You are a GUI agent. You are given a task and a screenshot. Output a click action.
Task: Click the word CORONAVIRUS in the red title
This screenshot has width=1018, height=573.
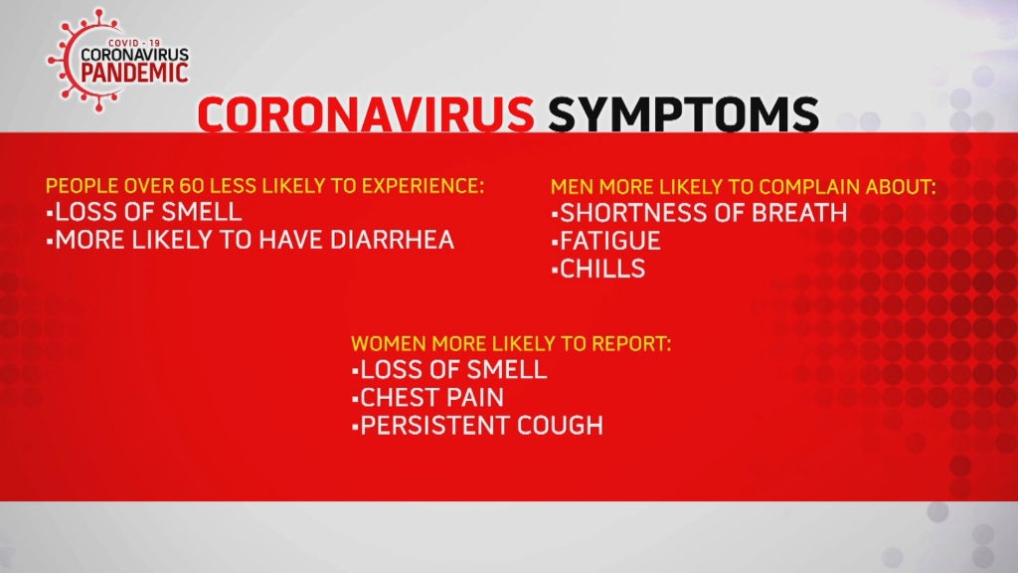(366, 114)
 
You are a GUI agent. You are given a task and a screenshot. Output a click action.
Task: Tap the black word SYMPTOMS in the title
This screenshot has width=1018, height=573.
(683, 114)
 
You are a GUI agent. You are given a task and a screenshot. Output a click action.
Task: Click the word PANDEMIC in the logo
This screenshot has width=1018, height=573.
(135, 73)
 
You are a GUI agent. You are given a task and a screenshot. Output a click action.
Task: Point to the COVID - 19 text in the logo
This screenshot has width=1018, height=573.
(134, 43)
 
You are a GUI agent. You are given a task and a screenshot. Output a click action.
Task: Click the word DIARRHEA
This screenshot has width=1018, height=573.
(392, 241)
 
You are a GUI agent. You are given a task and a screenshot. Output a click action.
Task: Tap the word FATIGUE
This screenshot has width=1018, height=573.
(610, 241)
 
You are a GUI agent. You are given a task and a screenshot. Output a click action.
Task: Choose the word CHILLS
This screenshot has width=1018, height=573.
(602, 269)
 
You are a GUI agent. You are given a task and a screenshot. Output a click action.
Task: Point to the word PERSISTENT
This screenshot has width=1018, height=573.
(426, 426)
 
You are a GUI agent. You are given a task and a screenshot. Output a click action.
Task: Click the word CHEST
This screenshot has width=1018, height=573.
(397, 398)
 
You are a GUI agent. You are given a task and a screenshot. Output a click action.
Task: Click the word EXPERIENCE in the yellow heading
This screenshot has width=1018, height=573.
(423, 186)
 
